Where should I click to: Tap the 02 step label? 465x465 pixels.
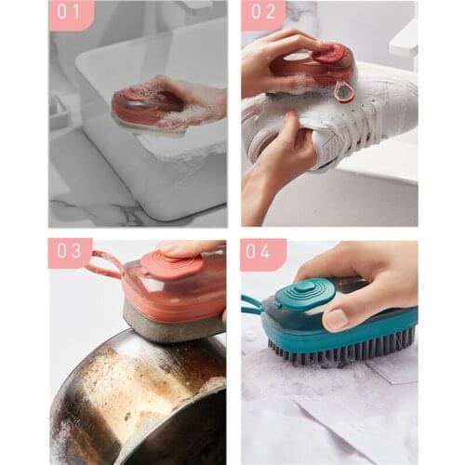pos(263,15)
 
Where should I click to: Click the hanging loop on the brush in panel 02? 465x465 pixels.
pos(345,91)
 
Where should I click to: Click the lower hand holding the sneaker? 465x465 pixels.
pos(279,163)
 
